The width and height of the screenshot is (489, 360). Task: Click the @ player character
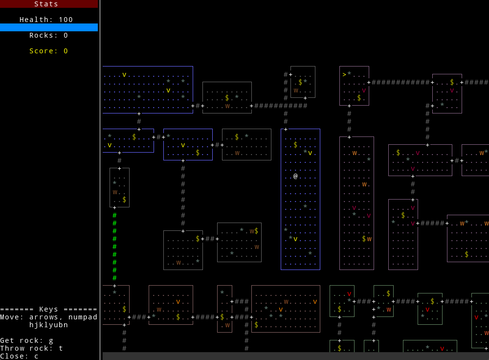coord(295,176)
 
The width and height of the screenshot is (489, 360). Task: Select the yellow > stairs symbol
coord(344,74)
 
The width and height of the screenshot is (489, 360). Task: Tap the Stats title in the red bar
coord(46,4)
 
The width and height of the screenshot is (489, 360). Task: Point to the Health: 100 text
coord(46,20)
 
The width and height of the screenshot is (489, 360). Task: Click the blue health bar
coord(49,27)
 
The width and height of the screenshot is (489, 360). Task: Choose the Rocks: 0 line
coord(49,35)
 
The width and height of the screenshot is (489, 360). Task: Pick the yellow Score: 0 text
coord(49,51)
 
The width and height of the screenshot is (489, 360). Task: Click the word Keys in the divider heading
coord(49,309)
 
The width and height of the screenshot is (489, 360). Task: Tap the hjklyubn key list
coord(49,325)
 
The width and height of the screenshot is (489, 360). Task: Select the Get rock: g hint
coord(27,340)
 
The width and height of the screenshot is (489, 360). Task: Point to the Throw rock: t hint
coord(32,348)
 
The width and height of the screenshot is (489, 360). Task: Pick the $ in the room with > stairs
coord(359,98)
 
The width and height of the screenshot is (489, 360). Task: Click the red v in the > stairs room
coord(364,90)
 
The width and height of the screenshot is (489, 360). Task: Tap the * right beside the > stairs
coord(349,74)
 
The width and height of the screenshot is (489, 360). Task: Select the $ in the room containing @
coord(295,145)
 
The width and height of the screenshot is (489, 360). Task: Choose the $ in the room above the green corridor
coord(124,200)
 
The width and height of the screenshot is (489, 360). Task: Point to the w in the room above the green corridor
coord(114,192)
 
